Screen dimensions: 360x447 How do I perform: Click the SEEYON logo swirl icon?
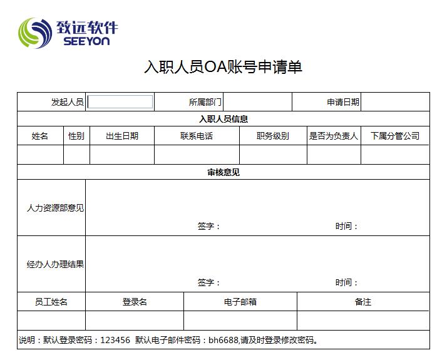point(35,33)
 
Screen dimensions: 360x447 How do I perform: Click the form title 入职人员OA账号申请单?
point(223,67)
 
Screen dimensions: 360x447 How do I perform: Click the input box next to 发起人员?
point(120,102)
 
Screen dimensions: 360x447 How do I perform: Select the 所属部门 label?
point(205,102)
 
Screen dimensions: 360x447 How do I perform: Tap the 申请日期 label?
point(343,102)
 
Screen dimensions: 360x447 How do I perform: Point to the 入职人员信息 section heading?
point(223,119)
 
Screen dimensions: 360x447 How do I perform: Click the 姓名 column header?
point(40,136)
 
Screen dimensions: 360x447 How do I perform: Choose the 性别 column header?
point(76,136)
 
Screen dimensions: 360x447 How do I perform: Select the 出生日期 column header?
point(122,136)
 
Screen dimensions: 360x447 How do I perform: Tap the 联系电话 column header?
point(197,136)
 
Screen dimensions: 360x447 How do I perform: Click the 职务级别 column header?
point(273,136)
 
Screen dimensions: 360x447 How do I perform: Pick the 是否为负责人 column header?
point(334,136)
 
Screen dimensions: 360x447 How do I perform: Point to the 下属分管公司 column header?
point(395,136)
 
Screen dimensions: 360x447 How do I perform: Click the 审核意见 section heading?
point(223,172)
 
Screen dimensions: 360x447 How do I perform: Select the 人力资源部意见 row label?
point(55,208)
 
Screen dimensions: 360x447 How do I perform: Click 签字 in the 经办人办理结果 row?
point(208,282)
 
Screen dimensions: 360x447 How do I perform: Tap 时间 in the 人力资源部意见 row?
point(346,226)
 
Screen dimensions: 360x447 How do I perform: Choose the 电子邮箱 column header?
point(240,302)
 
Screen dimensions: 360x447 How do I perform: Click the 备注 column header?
point(363,302)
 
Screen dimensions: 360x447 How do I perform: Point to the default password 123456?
point(115,341)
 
